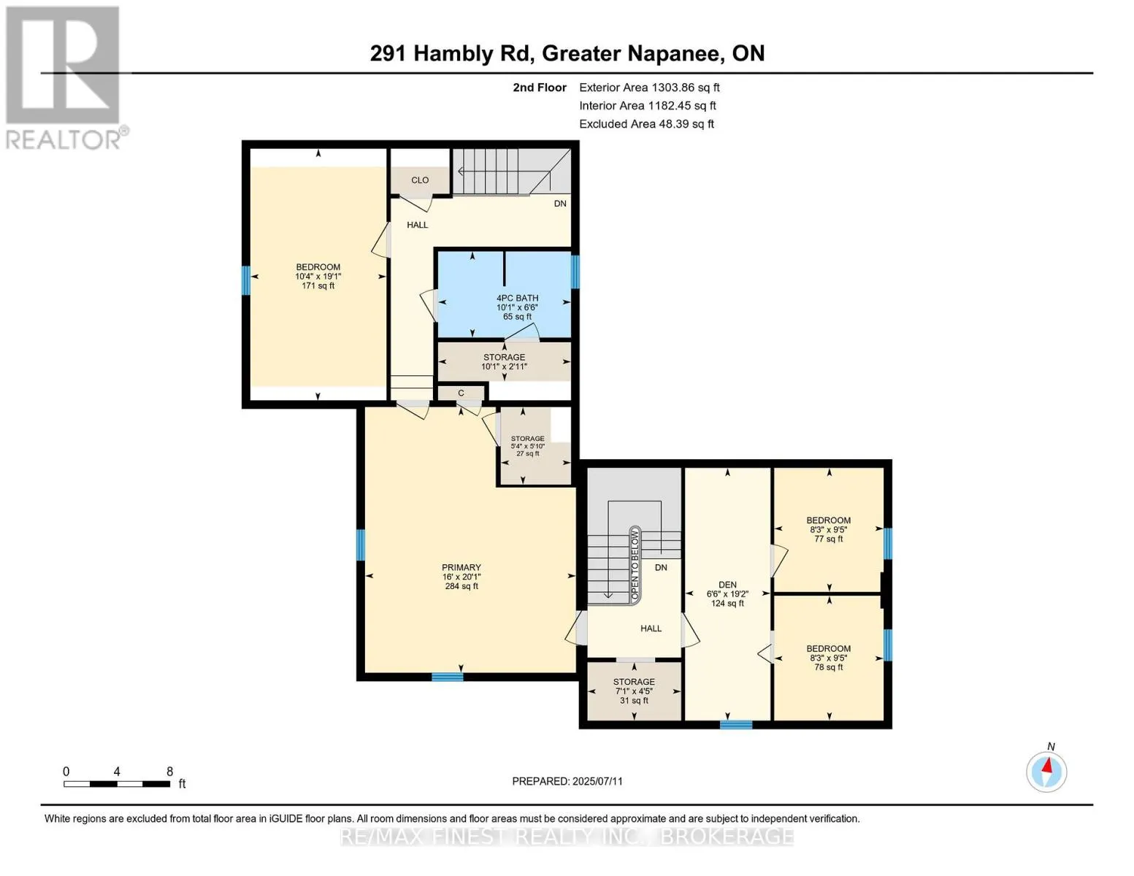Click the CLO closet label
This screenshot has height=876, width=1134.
pyautogui.click(x=420, y=180)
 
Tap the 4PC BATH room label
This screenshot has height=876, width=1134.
pyautogui.click(x=517, y=298)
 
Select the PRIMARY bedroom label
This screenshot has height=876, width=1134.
pyautogui.click(x=461, y=567)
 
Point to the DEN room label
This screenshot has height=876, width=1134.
pyautogui.click(x=727, y=585)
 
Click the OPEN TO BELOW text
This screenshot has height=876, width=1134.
pyautogui.click(x=635, y=564)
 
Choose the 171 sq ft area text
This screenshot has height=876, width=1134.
pyautogui.click(x=318, y=286)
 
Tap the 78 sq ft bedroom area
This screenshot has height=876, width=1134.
pyautogui.click(x=828, y=667)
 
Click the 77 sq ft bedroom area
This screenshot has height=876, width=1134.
pyautogui.click(x=828, y=539)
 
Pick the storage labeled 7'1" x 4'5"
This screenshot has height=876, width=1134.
pyautogui.click(x=634, y=691)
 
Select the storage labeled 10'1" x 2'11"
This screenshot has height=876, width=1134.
pyautogui.click(x=504, y=361)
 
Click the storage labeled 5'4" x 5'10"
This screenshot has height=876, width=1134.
pyautogui.click(x=528, y=446)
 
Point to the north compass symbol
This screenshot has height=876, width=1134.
pyautogui.click(x=1046, y=771)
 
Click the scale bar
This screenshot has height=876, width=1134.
pyautogui.click(x=116, y=783)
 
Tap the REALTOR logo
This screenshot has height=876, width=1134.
pyautogui.click(x=64, y=78)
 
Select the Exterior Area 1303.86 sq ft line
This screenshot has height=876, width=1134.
pyautogui.click(x=649, y=88)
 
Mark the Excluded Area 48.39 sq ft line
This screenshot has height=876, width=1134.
pyautogui.click(x=646, y=124)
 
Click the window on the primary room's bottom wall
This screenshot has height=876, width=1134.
pyautogui.click(x=447, y=677)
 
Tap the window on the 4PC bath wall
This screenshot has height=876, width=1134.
pyautogui.click(x=575, y=272)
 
